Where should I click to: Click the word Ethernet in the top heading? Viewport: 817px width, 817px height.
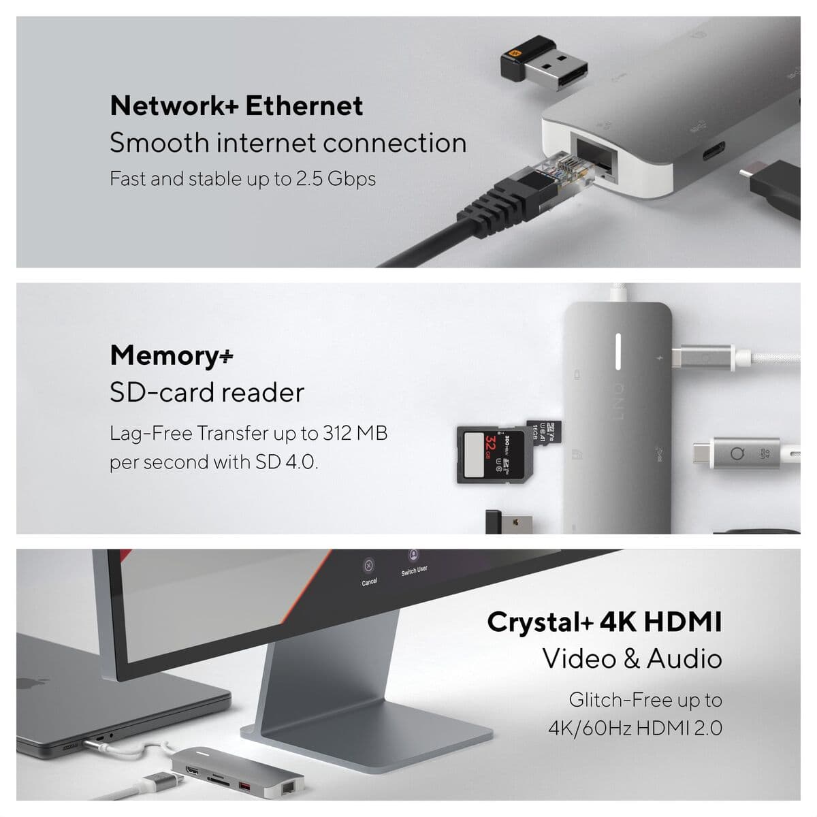[x=304, y=106]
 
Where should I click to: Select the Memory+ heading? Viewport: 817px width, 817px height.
[x=172, y=355]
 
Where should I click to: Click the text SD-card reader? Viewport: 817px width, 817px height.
[x=207, y=393]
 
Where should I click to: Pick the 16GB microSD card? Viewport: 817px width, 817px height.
[x=544, y=436]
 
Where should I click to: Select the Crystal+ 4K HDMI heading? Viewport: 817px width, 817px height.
[x=604, y=622]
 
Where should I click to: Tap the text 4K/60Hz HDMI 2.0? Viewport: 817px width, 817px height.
[x=635, y=728]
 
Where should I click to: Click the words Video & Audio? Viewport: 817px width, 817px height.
[x=631, y=659]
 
